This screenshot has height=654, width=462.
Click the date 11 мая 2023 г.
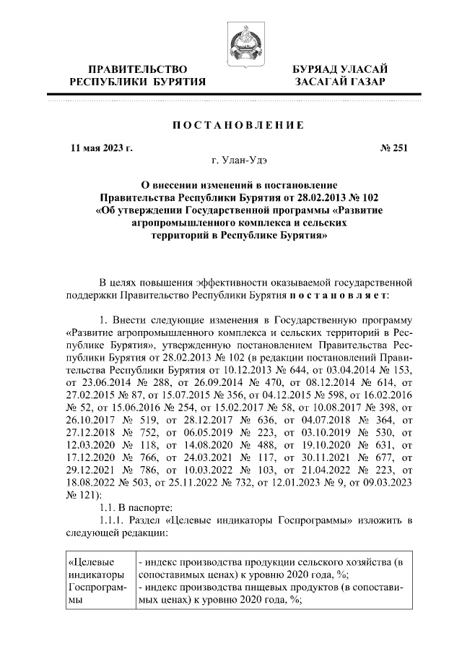102,149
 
